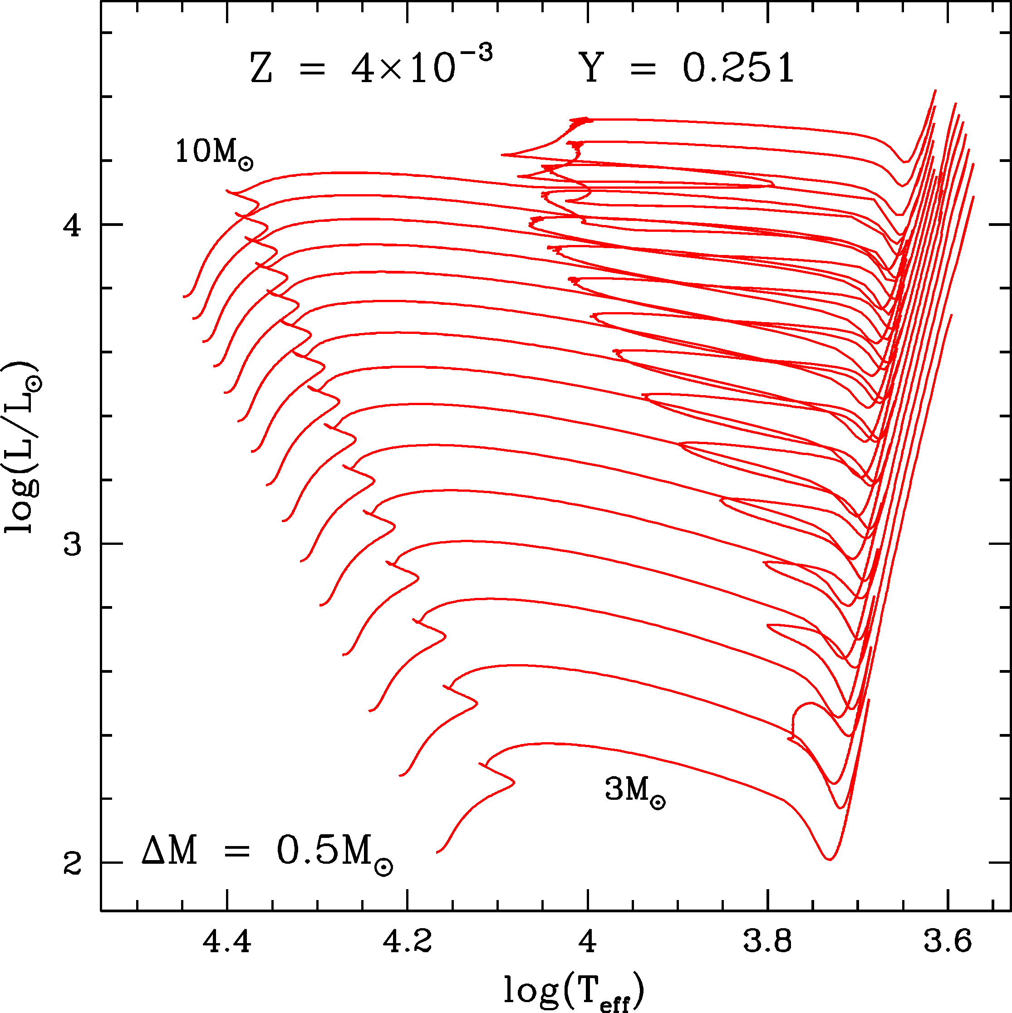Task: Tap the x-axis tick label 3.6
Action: pyautogui.click(x=948, y=943)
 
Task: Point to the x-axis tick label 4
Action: pyautogui.click(x=588, y=943)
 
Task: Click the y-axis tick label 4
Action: pyautogui.click(x=72, y=225)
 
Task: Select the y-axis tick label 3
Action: pyautogui.click(x=72, y=544)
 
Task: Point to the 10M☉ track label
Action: pyautogui.click(x=214, y=153)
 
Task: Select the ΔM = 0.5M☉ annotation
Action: pyautogui.click(x=266, y=852)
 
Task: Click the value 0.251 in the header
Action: pyautogui.click(x=738, y=68)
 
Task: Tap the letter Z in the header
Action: pyautogui.click(x=261, y=69)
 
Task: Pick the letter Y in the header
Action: pyautogui.click(x=592, y=68)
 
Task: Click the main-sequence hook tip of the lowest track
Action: pyautogui.click(x=514, y=783)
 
